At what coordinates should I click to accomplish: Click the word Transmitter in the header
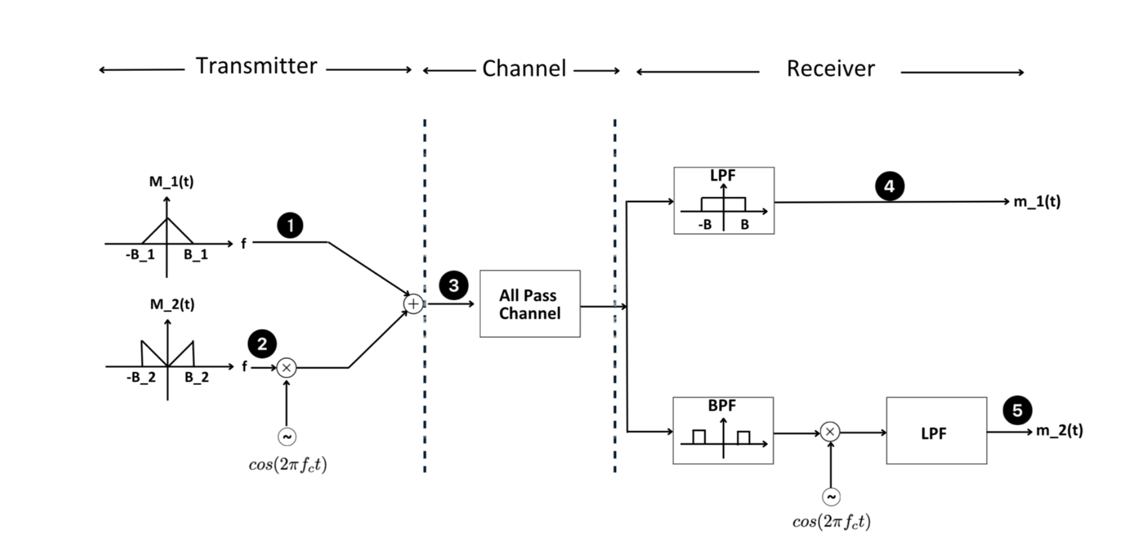pos(256,66)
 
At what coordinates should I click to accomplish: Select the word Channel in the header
pos(524,69)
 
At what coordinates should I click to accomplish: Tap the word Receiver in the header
pos(830,69)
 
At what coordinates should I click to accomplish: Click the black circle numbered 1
pos(290,225)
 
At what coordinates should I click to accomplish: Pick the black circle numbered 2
pos(262,344)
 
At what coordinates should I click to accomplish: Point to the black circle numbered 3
pos(453,285)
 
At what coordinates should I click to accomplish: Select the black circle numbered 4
pos(889,186)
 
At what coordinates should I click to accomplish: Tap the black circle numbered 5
pos(1017,410)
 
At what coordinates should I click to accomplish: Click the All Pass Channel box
pos(529,304)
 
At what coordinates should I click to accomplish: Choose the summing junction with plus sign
pos(413,304)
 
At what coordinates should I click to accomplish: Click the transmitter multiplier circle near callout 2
pos(286,367)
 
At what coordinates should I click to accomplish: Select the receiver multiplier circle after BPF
pos(829,431)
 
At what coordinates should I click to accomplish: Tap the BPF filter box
pos(723,430)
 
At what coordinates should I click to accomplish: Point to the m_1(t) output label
pos(1037,202)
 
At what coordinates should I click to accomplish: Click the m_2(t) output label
pos(1059,431)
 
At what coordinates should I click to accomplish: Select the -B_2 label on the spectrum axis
pos(141,377)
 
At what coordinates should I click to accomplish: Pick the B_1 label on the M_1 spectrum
pos(196,255)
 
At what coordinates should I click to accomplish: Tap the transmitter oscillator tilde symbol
pos(287,437)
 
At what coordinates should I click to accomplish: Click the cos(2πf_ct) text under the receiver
pos(831,521)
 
